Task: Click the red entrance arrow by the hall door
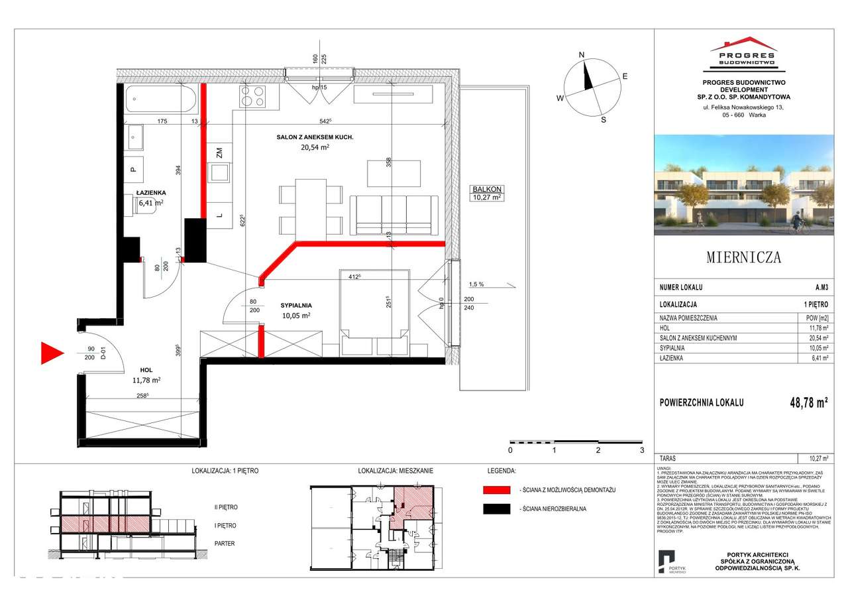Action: pos(52,353)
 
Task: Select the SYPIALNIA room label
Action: pos(295,305)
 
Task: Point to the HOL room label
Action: pos(146,371)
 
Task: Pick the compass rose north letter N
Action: pos(581,55)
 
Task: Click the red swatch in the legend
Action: pos(496,489)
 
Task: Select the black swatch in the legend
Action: pos(496,509)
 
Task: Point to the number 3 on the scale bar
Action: pos(641,450)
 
